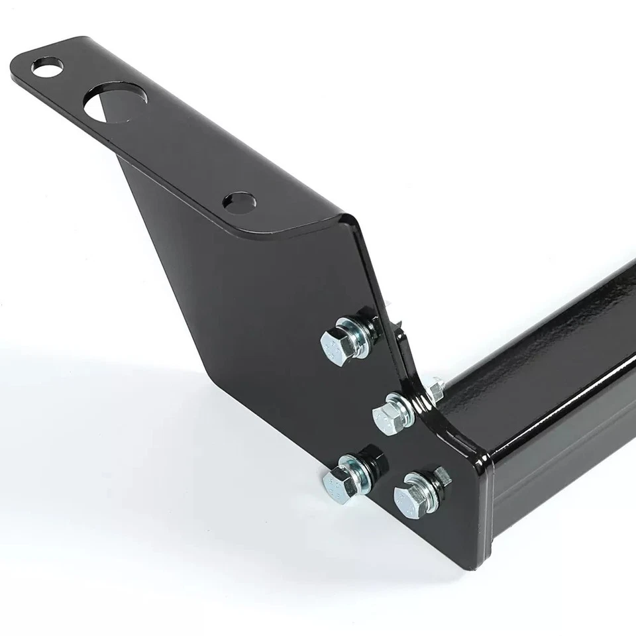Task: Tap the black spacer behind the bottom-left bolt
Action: (370, 456)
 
